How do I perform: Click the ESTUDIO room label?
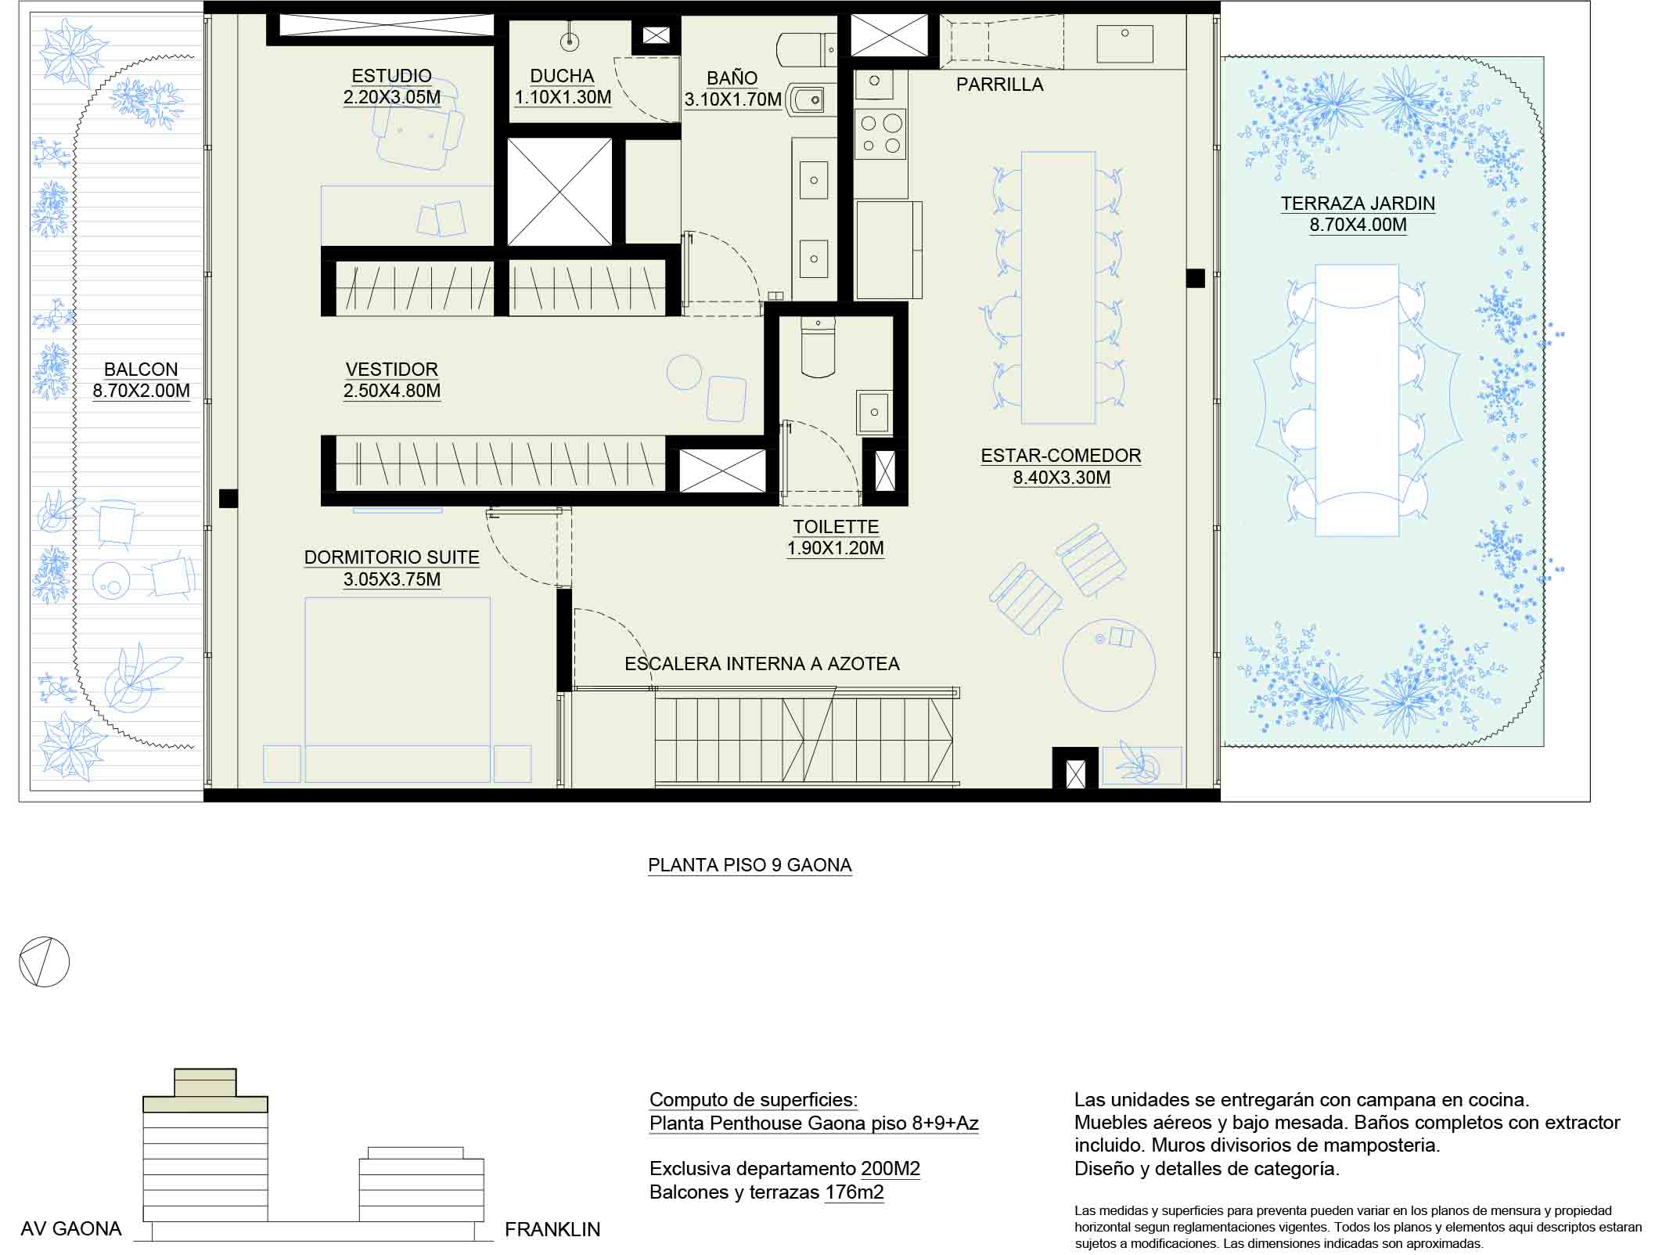[391, 76]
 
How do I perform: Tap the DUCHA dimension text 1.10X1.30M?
[563, 97]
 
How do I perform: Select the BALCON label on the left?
[141, 369]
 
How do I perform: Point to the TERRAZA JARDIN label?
[1358, 204]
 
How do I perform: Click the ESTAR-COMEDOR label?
[1061, 456]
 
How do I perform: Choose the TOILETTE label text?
[836, 527]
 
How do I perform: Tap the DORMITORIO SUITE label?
[391, 557]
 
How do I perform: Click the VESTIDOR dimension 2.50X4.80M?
[392, 391]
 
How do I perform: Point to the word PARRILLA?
[999, 85]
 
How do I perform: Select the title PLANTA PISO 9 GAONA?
[750, 865]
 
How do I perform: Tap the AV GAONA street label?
[71, 1229]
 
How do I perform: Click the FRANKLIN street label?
[552, 1230]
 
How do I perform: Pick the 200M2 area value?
[891, 1169]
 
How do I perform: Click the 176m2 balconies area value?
[855, 1192]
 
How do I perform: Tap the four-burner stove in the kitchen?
[880, 134]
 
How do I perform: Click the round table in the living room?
[1109, 665]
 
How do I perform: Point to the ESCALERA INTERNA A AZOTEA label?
[762, 664]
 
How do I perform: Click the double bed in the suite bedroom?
[398, 690]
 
